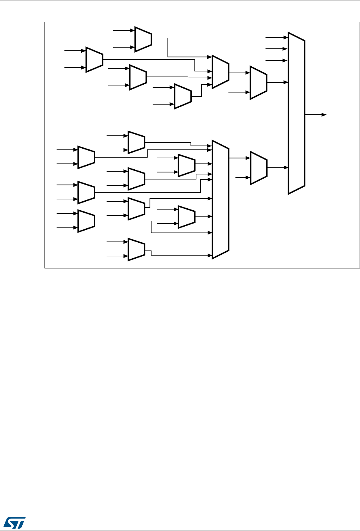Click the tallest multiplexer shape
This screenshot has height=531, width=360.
pos(296,113)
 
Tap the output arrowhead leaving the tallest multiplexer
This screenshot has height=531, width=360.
pos(324,115)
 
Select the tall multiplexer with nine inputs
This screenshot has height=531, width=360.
pos(220,199)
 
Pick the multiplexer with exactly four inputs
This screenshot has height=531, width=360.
pos(220,72)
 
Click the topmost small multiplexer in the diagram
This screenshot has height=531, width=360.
pos(143,39)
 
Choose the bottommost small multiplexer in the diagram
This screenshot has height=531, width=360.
pos(136,249)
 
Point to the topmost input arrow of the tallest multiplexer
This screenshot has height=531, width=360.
pos(286,37)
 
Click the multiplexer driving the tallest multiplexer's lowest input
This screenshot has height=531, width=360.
pos(258,167)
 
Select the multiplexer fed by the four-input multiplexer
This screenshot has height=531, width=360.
pos(258,82)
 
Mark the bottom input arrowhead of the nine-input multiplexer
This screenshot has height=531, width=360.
pos(210,255)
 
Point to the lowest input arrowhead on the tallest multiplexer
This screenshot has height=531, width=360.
pos(286,167)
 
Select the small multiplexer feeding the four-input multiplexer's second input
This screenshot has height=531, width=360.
pos(94,60)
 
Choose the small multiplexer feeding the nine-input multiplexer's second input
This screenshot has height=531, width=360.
pos(86,157)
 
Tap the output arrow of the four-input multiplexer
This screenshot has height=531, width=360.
pos(248,73)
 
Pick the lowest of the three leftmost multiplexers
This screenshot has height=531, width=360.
pos(86,221)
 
